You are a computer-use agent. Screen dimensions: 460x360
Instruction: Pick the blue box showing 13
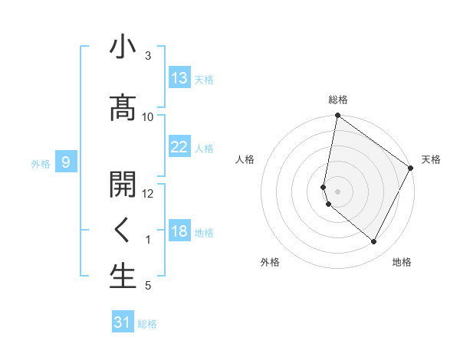click(x=179, y=78)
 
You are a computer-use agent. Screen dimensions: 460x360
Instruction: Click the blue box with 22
click(x=179, y=147)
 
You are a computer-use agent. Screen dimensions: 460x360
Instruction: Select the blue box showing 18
click(x=179, y=231)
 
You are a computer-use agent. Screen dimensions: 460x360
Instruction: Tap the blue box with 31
click(x=123, y=322)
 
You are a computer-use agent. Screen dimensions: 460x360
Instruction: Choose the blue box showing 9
click(x=67, y=162)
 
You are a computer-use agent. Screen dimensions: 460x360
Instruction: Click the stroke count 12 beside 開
click(x=148, y=193)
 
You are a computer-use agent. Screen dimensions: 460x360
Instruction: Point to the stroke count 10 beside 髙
click(x=148, y=116)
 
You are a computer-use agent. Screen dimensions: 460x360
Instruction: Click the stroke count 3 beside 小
click(x=148, y=56)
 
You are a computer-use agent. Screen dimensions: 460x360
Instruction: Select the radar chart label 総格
click(x=338, y=100)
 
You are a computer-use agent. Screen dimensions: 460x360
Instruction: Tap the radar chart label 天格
click(x=431, y=159)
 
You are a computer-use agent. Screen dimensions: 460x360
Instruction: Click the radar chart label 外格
click(x=270, y=262)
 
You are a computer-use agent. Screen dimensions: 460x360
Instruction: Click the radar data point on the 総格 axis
click(x=337, y=116)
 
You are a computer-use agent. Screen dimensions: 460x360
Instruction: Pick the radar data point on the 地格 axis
click(x=373, y=241)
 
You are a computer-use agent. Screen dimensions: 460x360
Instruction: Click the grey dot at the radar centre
click(x=337, y=191)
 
